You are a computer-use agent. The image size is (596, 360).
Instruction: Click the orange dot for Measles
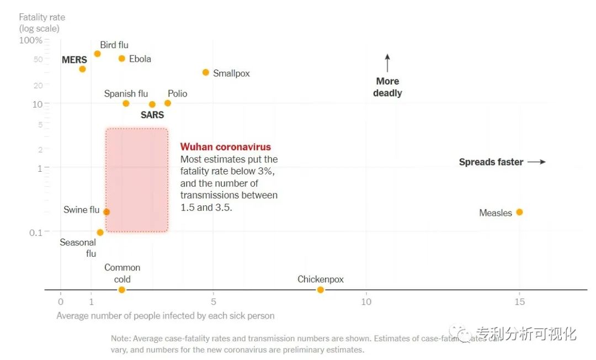click(x=519, y=212)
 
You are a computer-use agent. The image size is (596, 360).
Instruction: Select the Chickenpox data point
click(x=321, y=290)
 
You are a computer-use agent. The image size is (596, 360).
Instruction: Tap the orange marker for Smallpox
click(x=206, y=72)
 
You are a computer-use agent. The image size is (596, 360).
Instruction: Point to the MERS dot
click(x=82, y=69)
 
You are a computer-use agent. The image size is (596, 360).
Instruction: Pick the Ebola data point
click(x=122, y=59)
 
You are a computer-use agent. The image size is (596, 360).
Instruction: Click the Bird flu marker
click(x=97, y=54)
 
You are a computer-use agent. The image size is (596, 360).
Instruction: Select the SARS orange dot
click(x=152, y=104)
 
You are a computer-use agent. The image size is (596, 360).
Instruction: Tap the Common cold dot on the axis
click(x=122, y=290)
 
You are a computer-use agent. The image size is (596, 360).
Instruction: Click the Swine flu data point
click(x=107, y=211)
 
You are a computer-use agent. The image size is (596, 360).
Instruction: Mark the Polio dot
click(x=168, y=103)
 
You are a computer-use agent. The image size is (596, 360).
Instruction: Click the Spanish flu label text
click(x=126, y=94)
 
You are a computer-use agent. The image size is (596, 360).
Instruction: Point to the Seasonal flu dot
click(x=100, y=232)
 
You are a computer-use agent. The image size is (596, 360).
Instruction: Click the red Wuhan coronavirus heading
click(x=226, y=147)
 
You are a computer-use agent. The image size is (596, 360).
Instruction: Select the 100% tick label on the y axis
click(x=31, y=40)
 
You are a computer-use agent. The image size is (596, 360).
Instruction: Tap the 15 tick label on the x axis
click(x=519, y=302)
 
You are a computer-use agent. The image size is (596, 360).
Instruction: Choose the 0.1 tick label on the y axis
click(x=36, y=232)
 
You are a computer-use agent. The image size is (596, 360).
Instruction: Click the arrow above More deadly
click(x=387, y=63)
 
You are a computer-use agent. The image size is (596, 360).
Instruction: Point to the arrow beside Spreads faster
click(x=536, y=162)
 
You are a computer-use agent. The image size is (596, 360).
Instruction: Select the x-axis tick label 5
click(x=214, y=302)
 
